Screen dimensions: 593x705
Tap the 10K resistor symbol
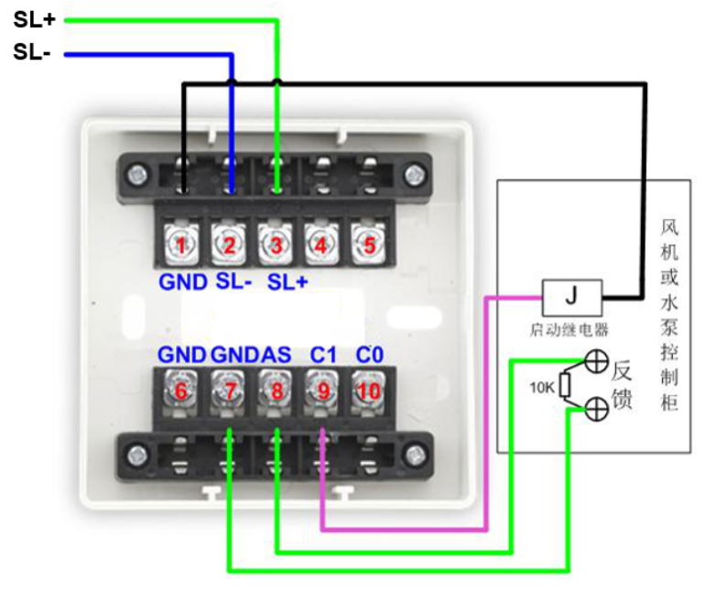click(566, 388)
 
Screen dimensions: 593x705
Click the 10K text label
click(542, 387)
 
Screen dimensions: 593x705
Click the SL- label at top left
click(33, 53)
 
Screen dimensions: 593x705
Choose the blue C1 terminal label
click(321, 355)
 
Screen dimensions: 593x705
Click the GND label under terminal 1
click(183, 282)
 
